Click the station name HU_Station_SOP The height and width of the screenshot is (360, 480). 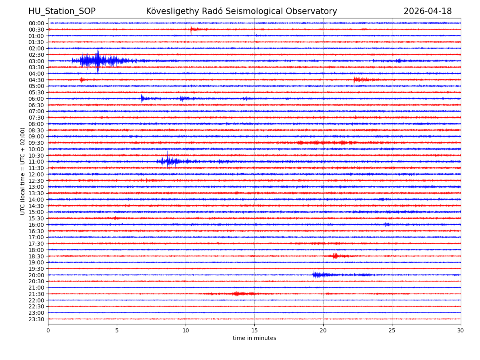pyautogui.click(x=62, y=11)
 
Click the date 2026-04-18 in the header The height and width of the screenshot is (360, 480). pyautogui.click(x=427, y=11)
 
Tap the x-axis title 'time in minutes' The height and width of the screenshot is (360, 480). pyautogui.click(x=254, y=338)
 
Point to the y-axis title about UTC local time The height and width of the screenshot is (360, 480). pyautogui.click(x=23, y=171)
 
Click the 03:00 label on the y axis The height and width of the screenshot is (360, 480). pyautogui.click(x=36, y=61)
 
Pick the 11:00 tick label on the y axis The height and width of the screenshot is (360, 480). pyautogui.click(x=36, y=162)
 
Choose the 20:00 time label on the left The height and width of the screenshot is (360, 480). pyautogui.click(x=36, y=275)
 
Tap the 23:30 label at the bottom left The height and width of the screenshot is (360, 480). pyautogui.click(x=36, y=319)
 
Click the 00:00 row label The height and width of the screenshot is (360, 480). pyautogui.click(x=36, y=23)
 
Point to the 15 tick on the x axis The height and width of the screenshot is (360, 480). pyautogui.click(x=254, y=330)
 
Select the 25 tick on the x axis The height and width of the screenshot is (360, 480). pyautogui.click(x=392, y=330)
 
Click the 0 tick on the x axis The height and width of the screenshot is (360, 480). pyautogui.click(x=48, y=330)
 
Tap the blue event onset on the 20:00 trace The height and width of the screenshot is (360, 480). pyautogui.click(x=314, y=274)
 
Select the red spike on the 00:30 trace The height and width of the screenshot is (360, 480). pyautogui.click(x=191, y=29)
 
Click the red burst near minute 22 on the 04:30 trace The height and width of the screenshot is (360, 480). pyautogui.click(x=356, y=80)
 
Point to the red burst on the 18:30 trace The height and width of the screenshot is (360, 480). pyautogui.click(x=335, y=256)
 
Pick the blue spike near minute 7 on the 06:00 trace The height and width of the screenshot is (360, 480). pyautogui.click(x=142, y=98)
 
